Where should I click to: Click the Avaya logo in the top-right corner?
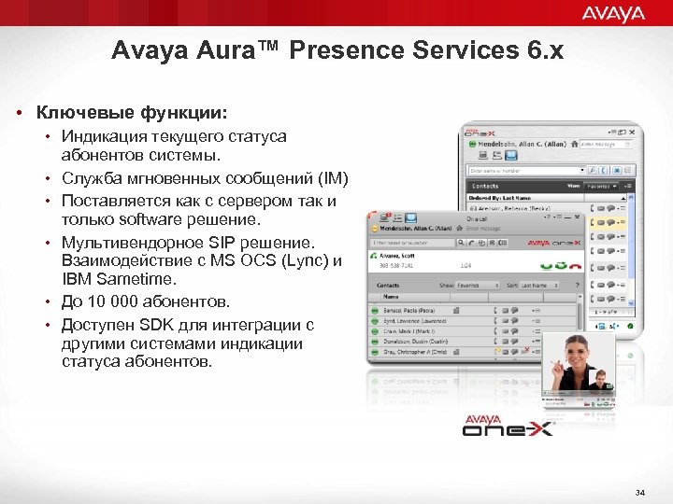pos(613,12)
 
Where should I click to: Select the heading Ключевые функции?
pos(131,113)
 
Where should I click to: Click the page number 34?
pos(639,492)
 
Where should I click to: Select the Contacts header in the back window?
pos(490,186)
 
